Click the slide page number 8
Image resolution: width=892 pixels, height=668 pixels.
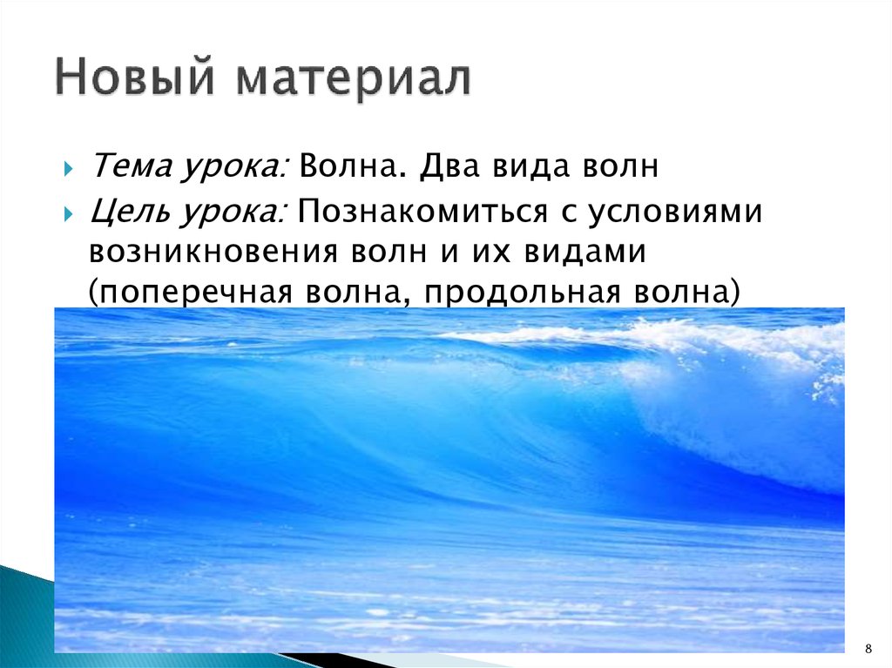pos(868,650)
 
